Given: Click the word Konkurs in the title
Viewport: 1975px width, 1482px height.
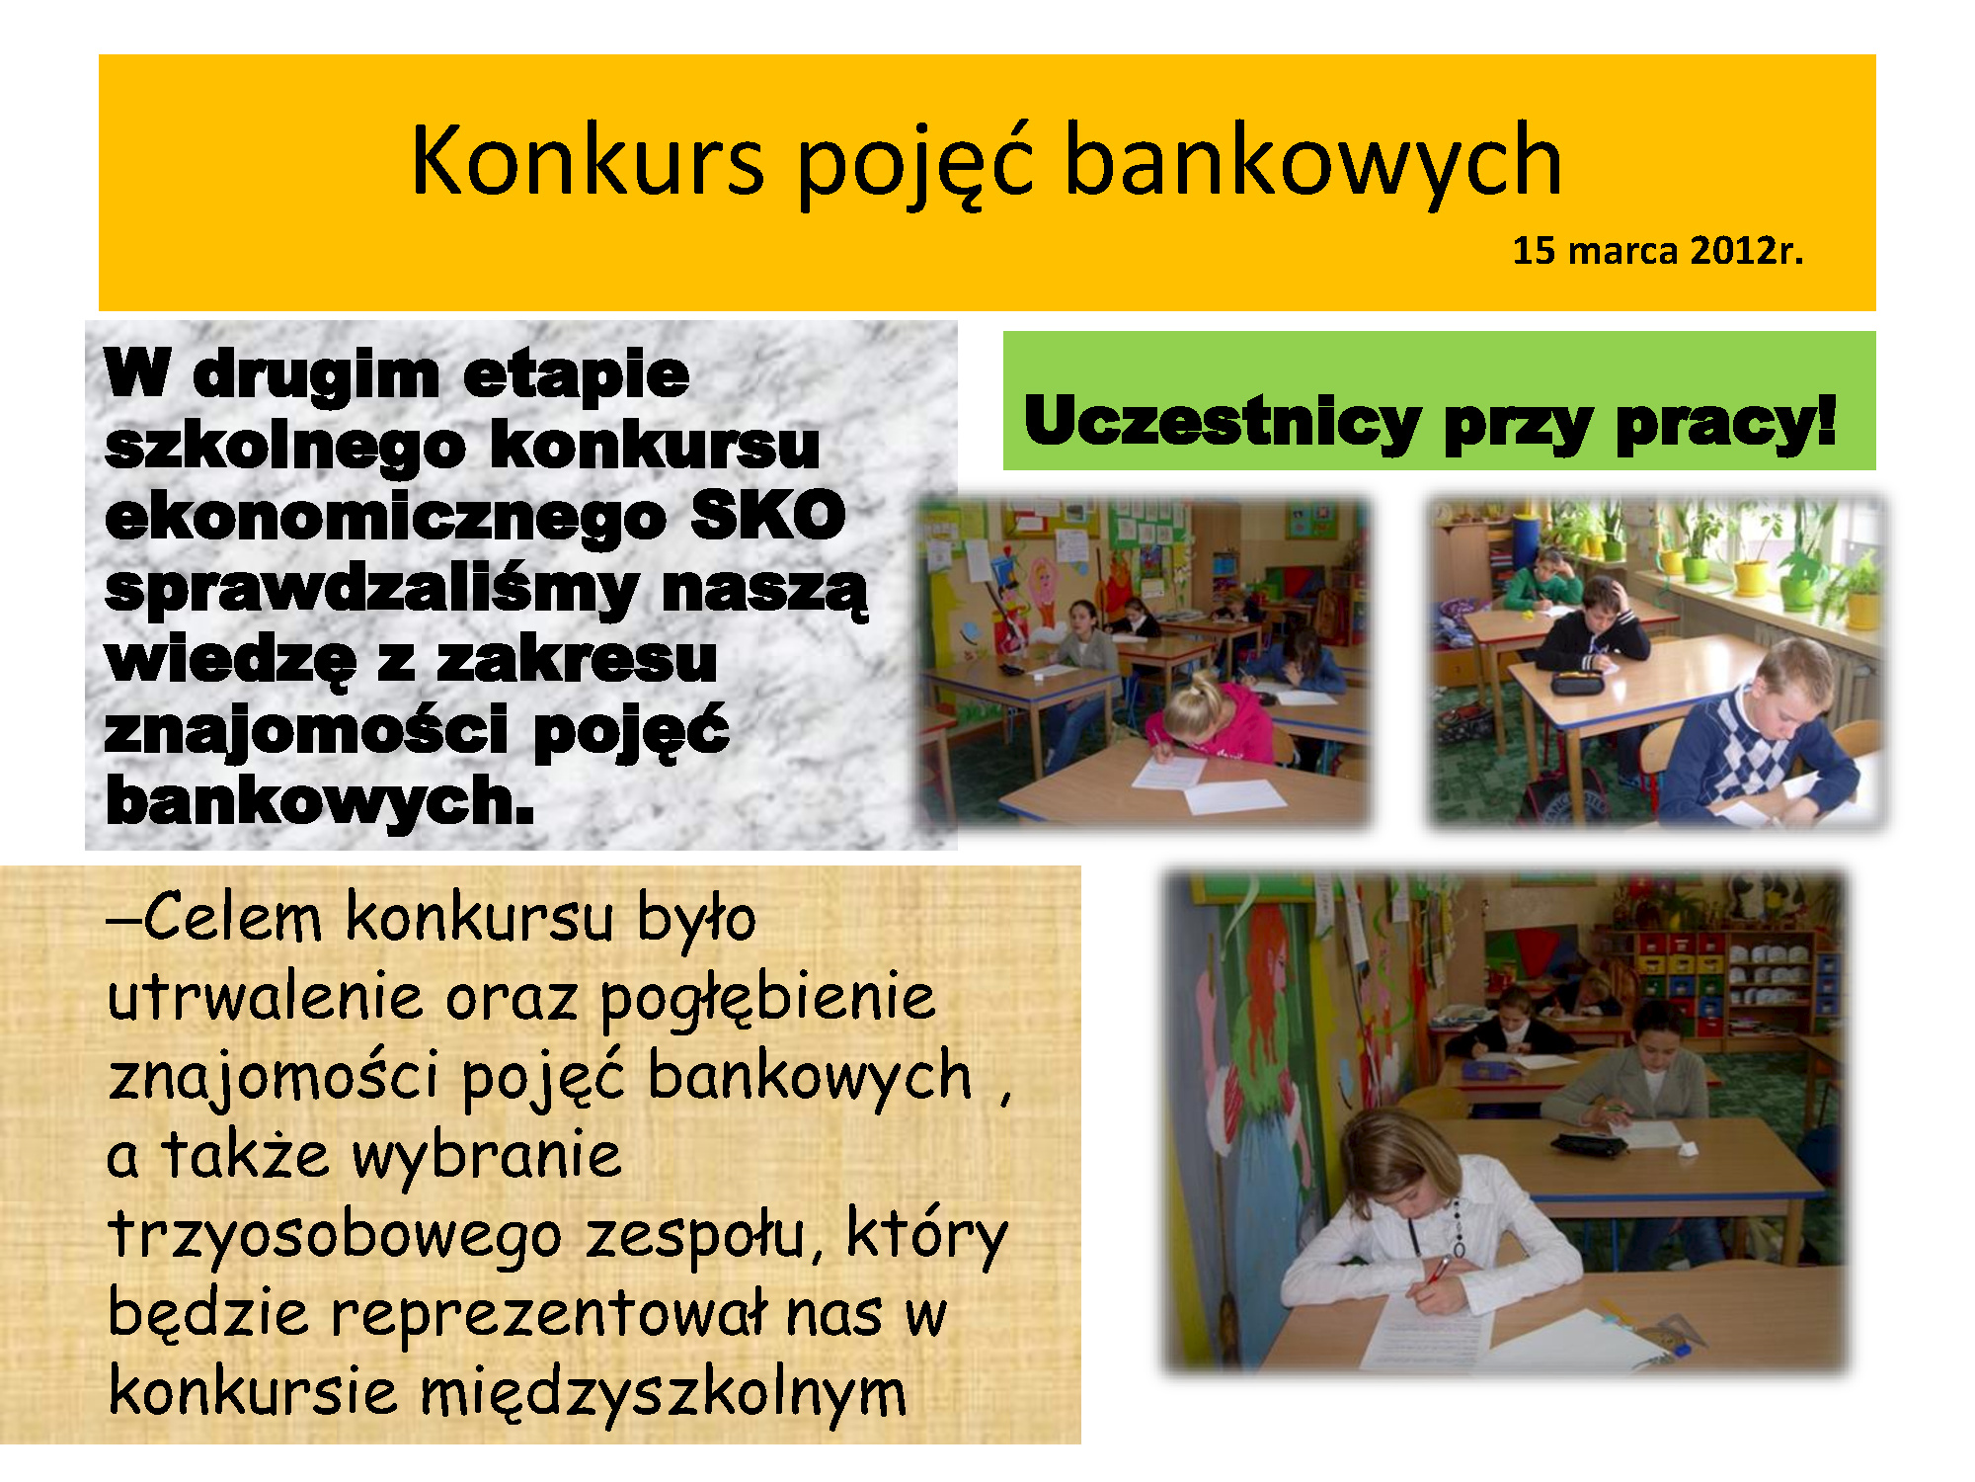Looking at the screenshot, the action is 589,160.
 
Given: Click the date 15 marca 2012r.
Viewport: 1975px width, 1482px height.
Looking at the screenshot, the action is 1658,251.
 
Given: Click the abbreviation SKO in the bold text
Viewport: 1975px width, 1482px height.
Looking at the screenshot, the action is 767,515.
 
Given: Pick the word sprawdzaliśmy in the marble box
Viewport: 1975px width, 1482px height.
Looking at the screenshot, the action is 371,591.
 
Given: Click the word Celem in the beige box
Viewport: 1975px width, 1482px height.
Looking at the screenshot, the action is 232,917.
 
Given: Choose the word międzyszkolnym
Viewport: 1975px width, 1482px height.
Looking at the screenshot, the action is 663,1394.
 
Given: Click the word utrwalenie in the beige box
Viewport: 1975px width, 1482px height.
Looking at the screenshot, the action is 265,997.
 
